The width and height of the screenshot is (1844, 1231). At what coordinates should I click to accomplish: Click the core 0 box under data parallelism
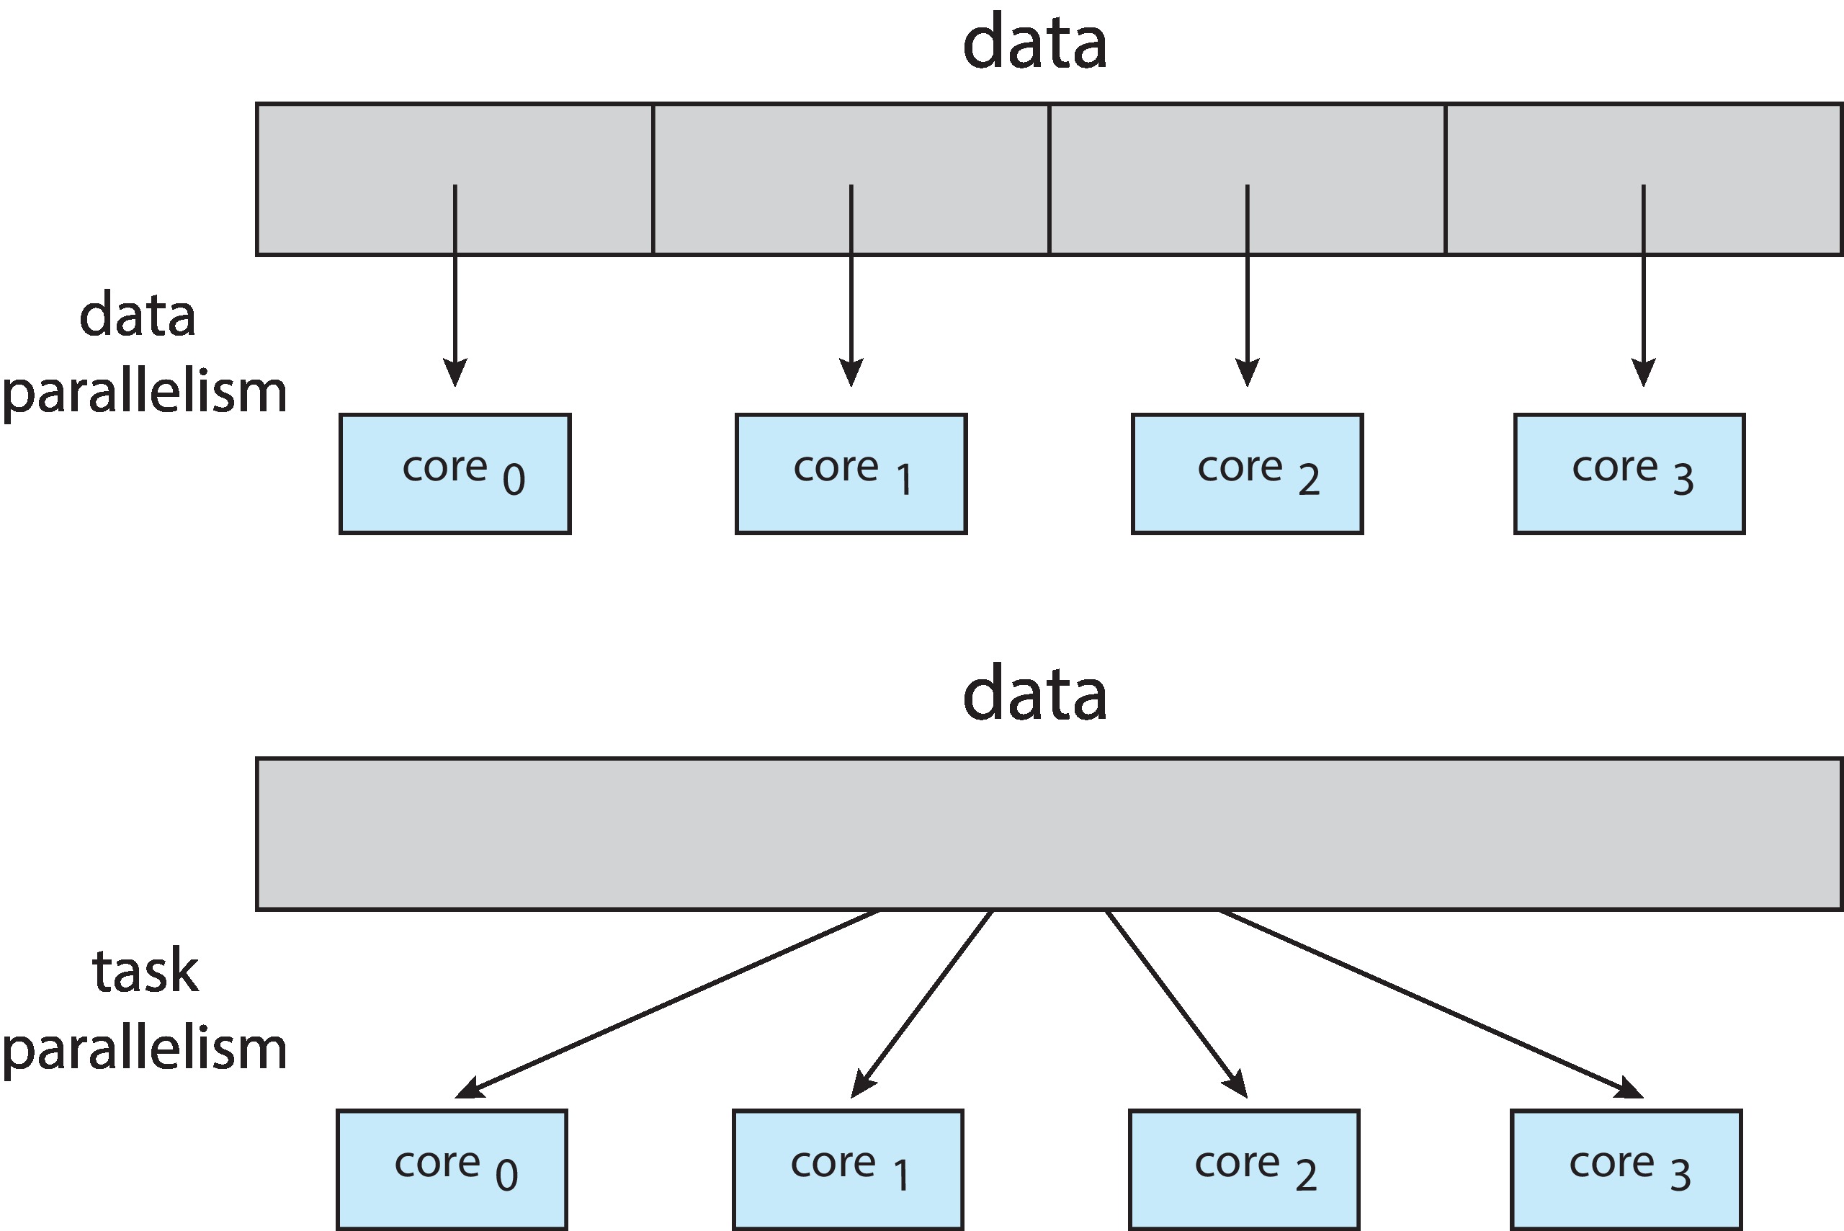pos(455,474)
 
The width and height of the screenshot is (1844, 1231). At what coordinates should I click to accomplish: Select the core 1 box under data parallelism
pos(851,474)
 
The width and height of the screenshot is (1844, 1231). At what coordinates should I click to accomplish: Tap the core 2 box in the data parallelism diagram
pos(1247,474)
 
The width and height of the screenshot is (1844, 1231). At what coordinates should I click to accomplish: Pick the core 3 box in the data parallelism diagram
pos(1629,474)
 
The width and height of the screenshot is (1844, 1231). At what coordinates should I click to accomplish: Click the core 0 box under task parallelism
pos(452,1170)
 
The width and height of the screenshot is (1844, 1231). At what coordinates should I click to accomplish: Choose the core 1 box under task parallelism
pos(848,1170)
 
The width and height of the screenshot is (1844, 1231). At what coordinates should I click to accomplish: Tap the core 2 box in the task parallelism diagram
pos(1243,1170)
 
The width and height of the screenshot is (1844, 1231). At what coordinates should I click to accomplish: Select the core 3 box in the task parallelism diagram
pos(1626,1170)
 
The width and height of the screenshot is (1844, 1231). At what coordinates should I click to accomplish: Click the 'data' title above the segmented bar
pos(1034,43)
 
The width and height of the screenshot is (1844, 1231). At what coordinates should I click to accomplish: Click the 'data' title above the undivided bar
pos(1034,693)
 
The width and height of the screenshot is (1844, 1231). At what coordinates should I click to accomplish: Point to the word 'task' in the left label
pos(146,972)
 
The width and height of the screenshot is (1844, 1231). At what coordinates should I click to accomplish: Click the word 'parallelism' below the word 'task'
pos(145,1049)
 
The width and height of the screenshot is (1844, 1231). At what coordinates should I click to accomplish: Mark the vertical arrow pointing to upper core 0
pos(455,314)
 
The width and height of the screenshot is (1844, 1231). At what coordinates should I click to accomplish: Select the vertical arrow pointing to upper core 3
pos(1643,314)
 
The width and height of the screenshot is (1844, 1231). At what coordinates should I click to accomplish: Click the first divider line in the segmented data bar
pos(653,179)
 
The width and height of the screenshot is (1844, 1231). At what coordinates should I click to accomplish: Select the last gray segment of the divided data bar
pos(1727,149)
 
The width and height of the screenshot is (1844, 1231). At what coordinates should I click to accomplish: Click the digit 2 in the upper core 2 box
pos(1309,479)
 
